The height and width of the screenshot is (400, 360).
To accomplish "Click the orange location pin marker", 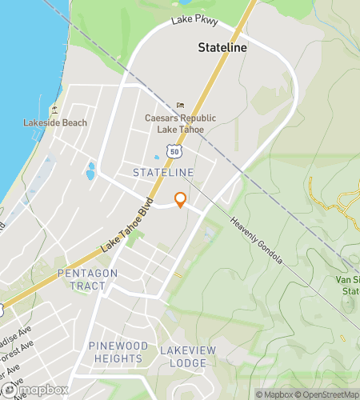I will [181, 199].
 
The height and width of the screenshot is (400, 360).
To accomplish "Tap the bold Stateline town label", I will [222, 48].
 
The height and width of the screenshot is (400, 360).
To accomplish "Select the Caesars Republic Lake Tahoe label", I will [174, 123].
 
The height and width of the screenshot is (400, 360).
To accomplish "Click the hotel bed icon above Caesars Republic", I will [180, 106].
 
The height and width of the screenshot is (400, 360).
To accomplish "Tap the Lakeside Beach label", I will [55, 122].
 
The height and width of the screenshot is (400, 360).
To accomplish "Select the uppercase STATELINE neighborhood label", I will [163, 172].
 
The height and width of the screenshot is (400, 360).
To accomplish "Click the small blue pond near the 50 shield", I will [155, 158].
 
